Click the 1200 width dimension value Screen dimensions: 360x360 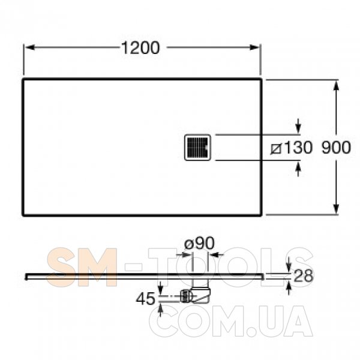pyautogui.click(x=140, y=48)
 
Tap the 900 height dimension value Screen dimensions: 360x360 pyautogui.click(x=336, y=148)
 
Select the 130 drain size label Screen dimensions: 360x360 pyautogui.click(x=298, y=148)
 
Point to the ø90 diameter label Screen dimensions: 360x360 pyautogui.click(x=200, y=243)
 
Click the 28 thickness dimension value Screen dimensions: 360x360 pyautogui.click(x=303, y=276)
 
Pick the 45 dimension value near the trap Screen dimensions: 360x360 pyautogui.click(x=146, y=299)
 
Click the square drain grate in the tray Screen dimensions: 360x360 pyautogui.click(x=197, y=148)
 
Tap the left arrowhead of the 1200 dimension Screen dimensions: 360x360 pyautogui.click(x=30, y=47)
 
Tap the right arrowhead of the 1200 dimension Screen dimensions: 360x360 pyautogui.click(x=254, y=47)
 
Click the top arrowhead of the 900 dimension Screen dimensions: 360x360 pyautogui.click(x=336, y=86)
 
